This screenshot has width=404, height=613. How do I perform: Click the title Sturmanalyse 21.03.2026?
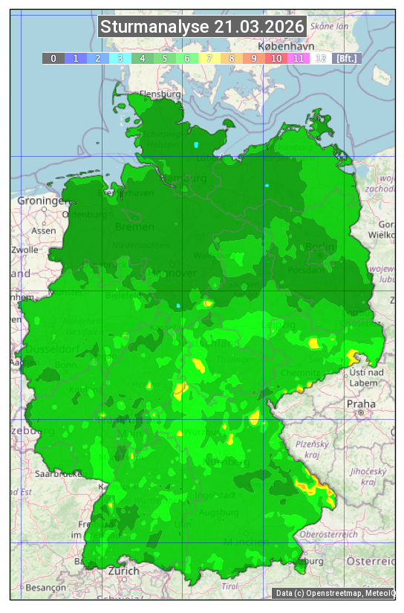[202, 27]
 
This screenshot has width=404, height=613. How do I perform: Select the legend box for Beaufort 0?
[53, 58]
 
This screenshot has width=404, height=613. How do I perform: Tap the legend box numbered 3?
[120, 58]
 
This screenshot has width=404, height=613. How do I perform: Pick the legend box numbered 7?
[209, 58]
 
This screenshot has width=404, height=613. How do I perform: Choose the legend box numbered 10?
[276, 58]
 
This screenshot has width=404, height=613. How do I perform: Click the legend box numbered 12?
[321, 58]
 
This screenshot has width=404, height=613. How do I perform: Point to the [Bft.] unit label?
[346, 58]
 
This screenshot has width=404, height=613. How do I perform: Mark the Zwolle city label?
[25, 250]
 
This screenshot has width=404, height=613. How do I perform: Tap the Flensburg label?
[160, 94]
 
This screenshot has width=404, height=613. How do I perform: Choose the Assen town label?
[44, 230]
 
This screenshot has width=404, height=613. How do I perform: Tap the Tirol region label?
[229, 586]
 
